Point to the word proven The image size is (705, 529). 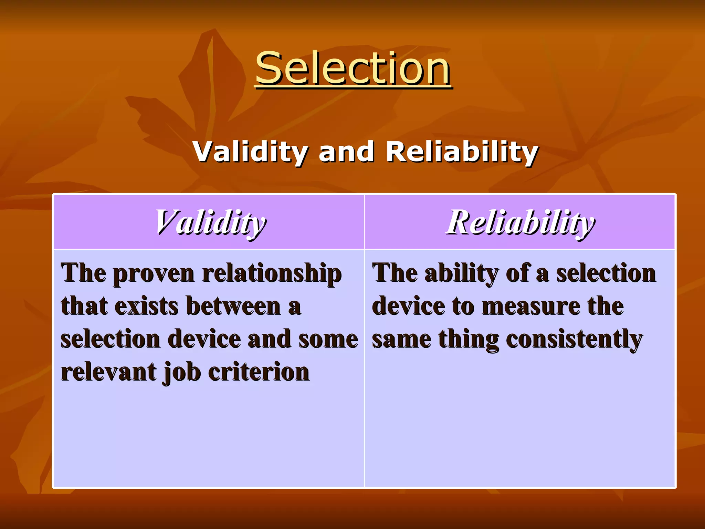click(x=154, y=273)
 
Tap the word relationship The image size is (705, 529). click(x=272, y=273)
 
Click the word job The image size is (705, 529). click(x=182, y=372)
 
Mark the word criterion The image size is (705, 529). click(x=259, y=372)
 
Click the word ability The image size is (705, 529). click(x=461, y=273)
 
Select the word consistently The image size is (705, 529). click(x=574, y=339)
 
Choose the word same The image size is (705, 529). click(x=401, y=339)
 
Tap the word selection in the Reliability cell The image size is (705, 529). click(x=606, y=273)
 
